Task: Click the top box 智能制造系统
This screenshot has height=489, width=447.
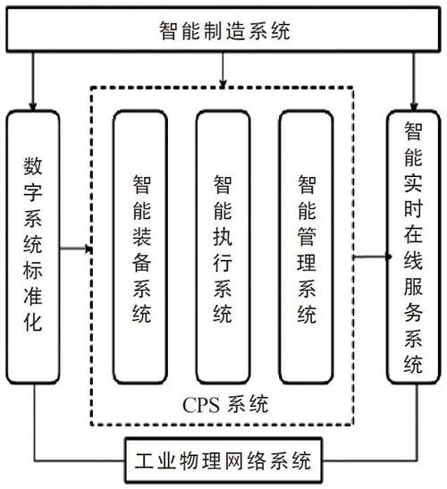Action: tap(223, 34)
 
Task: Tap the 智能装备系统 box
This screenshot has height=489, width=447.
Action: tap(140, 249)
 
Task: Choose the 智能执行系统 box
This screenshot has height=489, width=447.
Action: tap(223, 249)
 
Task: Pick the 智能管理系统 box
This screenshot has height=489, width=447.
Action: tap(306, 249)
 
